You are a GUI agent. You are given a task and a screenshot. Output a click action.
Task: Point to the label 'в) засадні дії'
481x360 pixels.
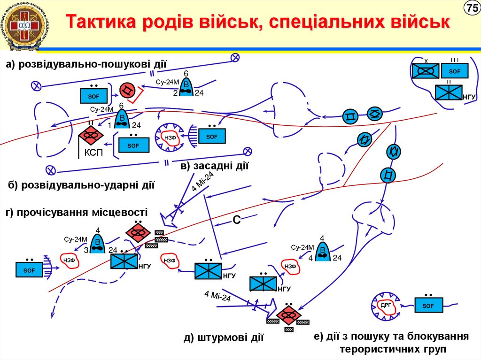[214, 165]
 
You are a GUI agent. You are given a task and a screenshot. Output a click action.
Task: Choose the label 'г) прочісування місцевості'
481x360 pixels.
[77, 212]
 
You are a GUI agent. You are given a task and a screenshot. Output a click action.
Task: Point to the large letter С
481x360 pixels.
[237, 220]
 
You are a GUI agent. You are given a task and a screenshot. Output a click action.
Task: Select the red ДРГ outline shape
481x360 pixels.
[386, 305]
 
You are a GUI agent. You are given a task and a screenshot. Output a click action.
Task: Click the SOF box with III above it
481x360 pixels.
[454, 71]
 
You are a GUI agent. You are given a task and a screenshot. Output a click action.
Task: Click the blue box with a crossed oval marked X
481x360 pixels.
[426, 71]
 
